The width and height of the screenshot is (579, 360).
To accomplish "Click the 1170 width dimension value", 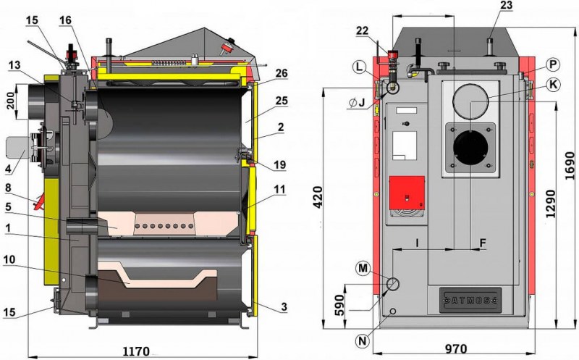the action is (136, 351).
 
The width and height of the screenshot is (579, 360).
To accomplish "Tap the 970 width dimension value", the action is (455, 348).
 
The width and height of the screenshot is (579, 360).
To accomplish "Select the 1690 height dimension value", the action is (570, 166).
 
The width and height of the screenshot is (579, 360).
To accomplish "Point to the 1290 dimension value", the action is (550, 204).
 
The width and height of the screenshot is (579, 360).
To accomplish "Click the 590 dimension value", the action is (339, 305).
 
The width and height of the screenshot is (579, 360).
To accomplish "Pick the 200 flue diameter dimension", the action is (11, 101).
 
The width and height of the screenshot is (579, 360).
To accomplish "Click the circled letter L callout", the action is (359, 67).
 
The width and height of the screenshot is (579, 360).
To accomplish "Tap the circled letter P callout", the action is (553, 64).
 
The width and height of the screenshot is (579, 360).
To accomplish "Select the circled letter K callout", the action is (553, 85).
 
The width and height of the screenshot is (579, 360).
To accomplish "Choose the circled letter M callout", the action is (363, 268).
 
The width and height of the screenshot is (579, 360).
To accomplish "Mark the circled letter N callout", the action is (363, 340).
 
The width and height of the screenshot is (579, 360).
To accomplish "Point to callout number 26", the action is (281, 73).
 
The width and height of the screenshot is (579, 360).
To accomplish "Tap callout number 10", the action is (9, 259).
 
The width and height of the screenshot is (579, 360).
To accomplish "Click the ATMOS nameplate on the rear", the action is (470, 300).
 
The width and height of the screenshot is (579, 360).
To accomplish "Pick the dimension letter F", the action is (483, 243).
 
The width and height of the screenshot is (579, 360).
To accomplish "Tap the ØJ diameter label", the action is (357, 102).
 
